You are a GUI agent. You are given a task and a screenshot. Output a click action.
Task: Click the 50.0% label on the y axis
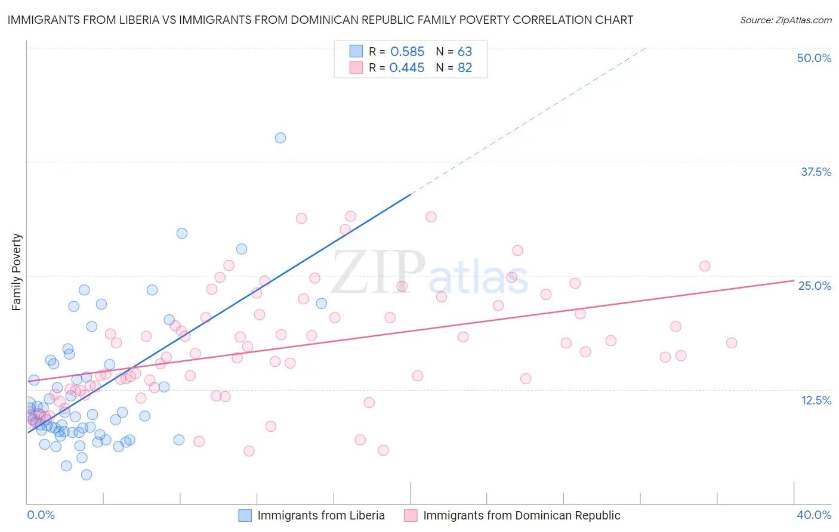pyautogui.click(x=814, y=58)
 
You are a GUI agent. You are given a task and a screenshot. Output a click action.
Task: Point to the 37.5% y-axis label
pyautogui.click(x=816, y=172)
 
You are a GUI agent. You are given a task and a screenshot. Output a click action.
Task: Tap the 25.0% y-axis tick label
pyautogui.click(x=815, y=286)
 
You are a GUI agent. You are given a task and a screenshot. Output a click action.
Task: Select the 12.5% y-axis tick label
pyautogui.click(x=816, y=400)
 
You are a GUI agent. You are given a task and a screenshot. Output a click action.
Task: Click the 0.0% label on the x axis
pyautogui.click(x=41, y=515)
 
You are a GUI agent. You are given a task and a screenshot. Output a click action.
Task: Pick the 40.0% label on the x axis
pyautogui.click(x=814, y=515)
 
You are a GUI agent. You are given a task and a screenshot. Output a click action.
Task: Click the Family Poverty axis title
pyautogui.click(x=17, y=272)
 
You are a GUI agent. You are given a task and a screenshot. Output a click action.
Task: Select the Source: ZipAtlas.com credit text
pyautogui.click(x=785, y=20)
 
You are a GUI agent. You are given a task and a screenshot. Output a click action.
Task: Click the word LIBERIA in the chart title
pyautogui.click(x=136, y=20)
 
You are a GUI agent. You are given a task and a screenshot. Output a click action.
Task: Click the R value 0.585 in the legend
pyautogui.click(x=407, y=52)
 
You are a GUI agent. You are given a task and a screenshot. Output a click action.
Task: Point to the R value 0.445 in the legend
pyautogui.click(x=407, y=68)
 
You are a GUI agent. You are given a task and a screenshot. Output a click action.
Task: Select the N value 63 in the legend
pyautogui.click(x=465, y=52)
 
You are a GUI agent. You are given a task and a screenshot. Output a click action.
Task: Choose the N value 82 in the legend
pyautogui.click(x=465, y=68)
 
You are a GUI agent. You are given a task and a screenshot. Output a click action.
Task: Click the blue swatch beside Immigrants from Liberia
pyautogui.click(x=245, y=515)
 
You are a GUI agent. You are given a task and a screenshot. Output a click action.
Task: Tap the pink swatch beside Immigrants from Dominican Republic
pyautogui.click(x=411, y=515)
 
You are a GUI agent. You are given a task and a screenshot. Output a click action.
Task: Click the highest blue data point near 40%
pyautogui.click(x=280, y=138)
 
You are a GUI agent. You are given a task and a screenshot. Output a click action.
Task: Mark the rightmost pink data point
pyautogui.click(x=732, y=343)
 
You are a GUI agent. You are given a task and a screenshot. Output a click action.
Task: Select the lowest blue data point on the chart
pyautogui.click(x=87, y=475)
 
